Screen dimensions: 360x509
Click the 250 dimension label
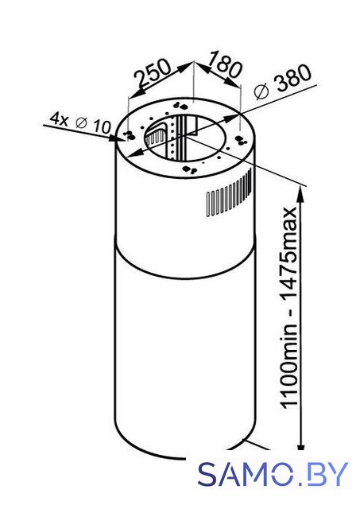(152, 75)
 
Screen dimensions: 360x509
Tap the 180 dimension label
(225, 65)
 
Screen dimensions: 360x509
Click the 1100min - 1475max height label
(288, 307)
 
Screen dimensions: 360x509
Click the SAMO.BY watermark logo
(273, 474)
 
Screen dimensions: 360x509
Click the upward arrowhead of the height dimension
(301, 194)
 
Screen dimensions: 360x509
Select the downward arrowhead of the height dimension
(301, 443)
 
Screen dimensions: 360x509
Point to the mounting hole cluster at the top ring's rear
(180, 105)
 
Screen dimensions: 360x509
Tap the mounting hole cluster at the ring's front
(190, 169)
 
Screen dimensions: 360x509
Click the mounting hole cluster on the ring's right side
(241, 140)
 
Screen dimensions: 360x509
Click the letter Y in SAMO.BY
(339, 474)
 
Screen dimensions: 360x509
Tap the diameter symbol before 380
(261, 91)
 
